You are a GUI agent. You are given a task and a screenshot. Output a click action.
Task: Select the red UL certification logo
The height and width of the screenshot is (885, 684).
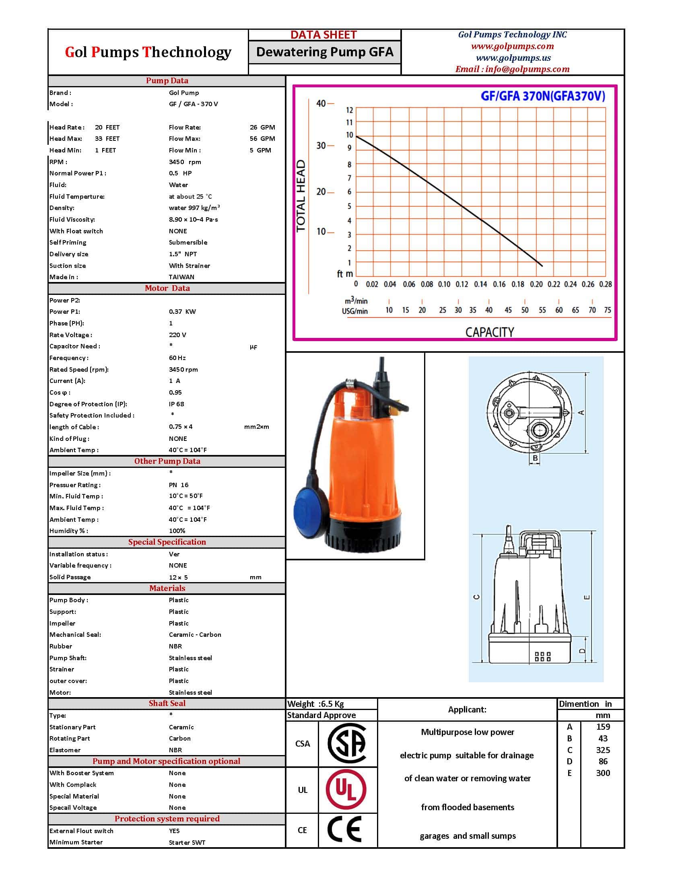pos(346,790)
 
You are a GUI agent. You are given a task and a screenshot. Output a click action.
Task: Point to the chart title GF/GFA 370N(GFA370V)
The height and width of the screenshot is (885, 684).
pos(543,96)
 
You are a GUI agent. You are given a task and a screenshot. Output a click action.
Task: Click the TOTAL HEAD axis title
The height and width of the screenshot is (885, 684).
pos(301,196)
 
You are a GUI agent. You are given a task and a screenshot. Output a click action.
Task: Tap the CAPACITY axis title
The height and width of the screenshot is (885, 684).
pos(489,332)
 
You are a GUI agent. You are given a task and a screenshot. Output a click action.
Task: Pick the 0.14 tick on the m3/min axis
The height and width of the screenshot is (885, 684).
pos(480,284)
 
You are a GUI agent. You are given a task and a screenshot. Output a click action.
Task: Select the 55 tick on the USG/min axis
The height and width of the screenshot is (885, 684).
pos(542,310)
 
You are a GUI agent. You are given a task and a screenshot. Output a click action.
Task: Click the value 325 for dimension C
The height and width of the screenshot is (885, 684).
pos(603,750)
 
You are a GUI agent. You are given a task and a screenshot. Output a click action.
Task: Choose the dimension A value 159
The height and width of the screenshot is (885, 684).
pos(603,727)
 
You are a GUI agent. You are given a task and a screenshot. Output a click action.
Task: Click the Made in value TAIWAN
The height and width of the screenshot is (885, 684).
pos(181,277)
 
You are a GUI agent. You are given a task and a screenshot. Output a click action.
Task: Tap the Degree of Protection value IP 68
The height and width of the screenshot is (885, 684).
pos(176,404)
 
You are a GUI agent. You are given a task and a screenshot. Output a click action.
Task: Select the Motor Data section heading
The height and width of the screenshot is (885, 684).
pos(167,288)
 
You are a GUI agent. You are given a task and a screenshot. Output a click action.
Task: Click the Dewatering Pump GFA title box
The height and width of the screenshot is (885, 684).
pos(325,52)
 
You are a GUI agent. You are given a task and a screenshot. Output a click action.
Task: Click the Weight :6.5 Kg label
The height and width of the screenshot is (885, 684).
pos(315,704)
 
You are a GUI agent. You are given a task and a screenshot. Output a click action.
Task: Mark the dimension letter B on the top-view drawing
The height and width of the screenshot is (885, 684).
pos(535,458)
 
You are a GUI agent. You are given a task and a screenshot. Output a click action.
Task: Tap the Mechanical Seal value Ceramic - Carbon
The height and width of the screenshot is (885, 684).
pos(195,634)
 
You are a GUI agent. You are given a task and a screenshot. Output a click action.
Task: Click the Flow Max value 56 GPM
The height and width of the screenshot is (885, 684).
pos(262,139)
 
